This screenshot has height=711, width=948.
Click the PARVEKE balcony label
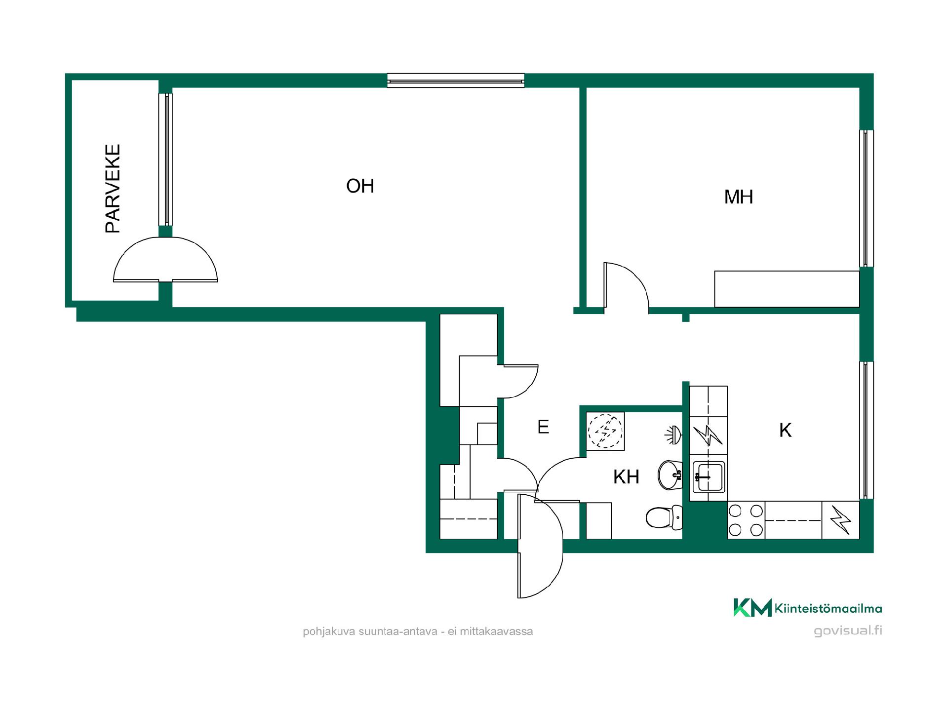[x=113, y=189]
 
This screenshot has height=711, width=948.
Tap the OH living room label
[x=360, y=186]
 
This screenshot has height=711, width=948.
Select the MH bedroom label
[x=739, y=197]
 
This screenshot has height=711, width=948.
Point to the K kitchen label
[x=785, y=431]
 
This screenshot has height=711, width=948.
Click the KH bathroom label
[x=626, y=477]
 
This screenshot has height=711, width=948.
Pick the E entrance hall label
[x=543, y=427]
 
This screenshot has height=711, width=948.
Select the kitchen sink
[x=709, y=477]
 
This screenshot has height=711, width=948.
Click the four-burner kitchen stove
[x=746, y=520]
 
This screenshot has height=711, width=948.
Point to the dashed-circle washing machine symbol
[x=605, y=431]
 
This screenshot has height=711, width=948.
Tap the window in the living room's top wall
[x=455, y=80]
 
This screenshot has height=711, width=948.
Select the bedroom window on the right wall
[x=866, y=198]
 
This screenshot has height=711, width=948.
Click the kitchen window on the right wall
[x=866, y=430]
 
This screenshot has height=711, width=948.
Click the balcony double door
[x=165, y=259]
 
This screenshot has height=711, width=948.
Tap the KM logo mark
[x=752, y=607]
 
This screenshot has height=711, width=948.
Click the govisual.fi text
[x=848, y=631]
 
